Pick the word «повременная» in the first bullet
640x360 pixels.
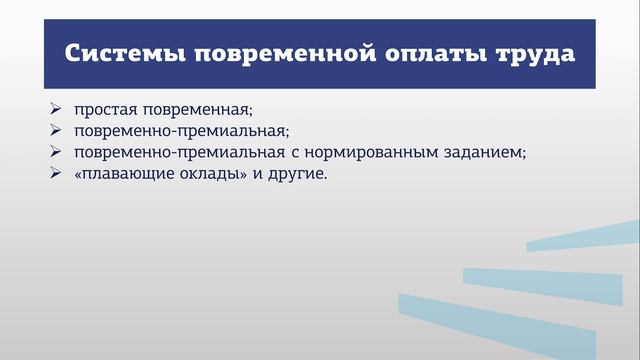(x=187, y=108)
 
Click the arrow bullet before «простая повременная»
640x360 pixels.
(x=53, y=108)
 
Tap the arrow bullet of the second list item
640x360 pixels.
(x=53, y=130)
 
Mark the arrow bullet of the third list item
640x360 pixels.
(x=53, y=152)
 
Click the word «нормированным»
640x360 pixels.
(x=383, y=152)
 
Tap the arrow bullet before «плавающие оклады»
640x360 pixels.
(x=53, y=174)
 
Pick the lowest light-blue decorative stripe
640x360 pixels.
(x=500, y=318)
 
